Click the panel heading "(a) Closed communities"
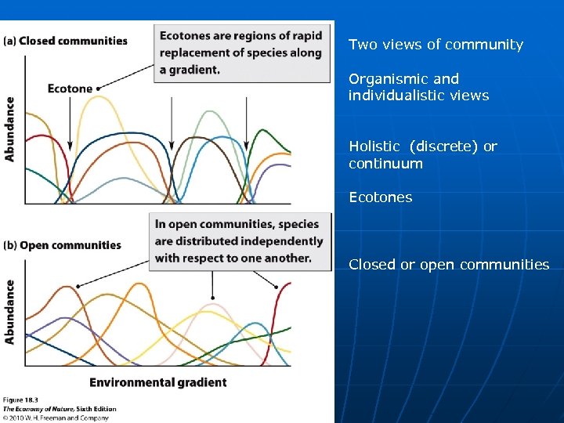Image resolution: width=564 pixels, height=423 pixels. [65, 41]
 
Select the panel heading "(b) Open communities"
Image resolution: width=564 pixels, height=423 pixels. [63, 245]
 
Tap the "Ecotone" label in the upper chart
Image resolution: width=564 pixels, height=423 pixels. [70, 89]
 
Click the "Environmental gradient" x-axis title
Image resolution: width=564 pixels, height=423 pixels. [157, 382]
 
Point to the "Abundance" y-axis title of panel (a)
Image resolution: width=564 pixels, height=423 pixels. [10, 128]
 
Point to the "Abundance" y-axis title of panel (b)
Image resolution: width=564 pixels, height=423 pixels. [10, 312]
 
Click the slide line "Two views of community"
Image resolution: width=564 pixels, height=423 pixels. [436, 45]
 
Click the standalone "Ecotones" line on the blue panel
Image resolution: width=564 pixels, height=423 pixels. [380, 197]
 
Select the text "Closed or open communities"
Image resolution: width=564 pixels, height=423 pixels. [449, 265]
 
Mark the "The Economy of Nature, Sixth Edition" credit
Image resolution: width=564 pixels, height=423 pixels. [60, 409]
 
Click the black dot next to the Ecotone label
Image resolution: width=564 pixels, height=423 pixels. [98, 89]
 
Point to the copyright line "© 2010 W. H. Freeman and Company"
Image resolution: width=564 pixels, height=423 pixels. [56, 418]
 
